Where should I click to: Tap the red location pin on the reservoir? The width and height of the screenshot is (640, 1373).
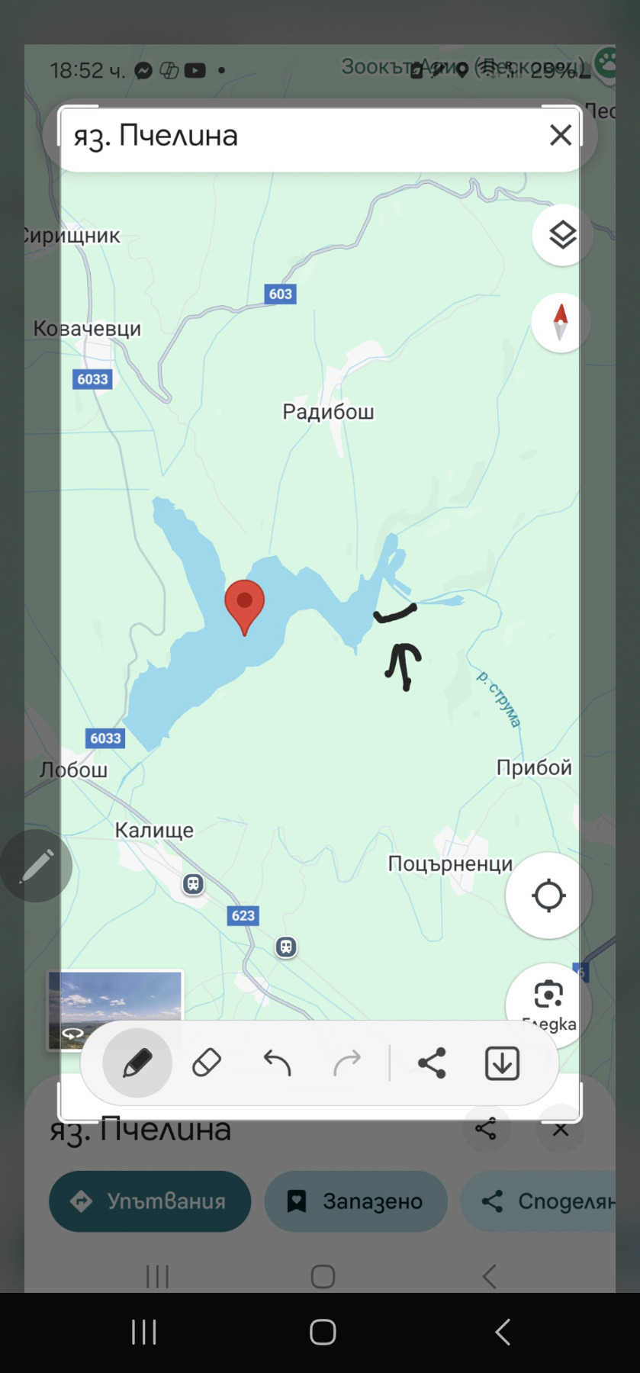click(244, 603)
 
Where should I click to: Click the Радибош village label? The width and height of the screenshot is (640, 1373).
click(328, 412)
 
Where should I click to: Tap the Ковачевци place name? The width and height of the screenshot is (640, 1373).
click(87, 329)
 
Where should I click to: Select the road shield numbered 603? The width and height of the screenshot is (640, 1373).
click(280, 294)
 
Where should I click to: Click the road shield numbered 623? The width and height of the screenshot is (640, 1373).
click(243, 915)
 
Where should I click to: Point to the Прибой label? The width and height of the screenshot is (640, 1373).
click(534, 767)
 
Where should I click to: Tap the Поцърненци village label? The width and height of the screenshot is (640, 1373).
click(450, 864)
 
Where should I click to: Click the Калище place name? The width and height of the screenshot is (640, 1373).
click(154, 830)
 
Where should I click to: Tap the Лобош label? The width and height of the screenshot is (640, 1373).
click(74, 770)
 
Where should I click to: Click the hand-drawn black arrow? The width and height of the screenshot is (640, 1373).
click(404, 664)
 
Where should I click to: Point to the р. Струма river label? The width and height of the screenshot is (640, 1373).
click(499, 699)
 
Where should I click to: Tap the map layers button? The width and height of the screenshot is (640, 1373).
click(562, 235)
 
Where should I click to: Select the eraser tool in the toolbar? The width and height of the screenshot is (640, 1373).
click(207, 1063)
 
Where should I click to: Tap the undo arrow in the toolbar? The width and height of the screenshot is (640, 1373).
click(277, 1063)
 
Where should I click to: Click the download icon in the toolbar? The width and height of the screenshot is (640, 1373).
click(502, 1063)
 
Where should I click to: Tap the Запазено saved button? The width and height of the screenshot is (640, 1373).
click(356, 1201)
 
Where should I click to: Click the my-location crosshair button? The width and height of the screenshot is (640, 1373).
click(548, 896)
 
